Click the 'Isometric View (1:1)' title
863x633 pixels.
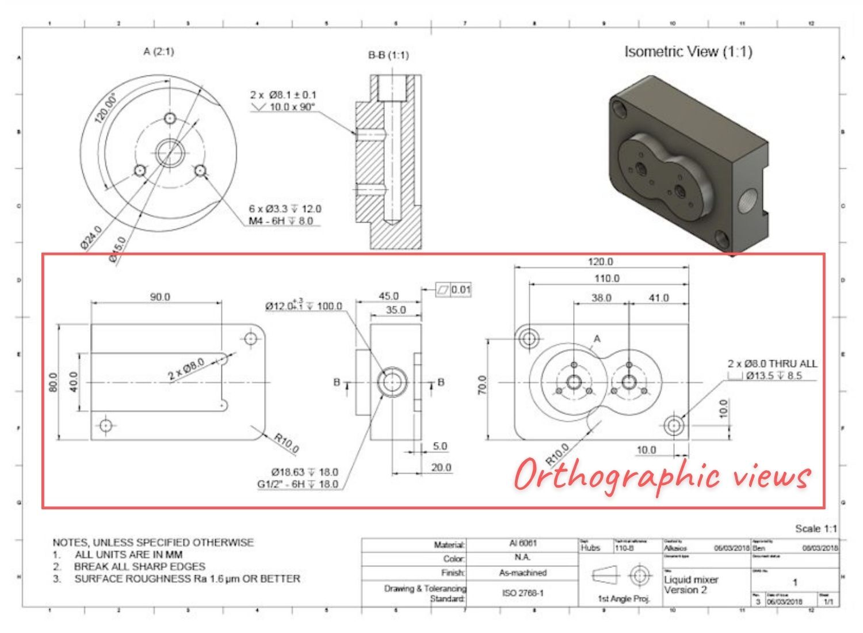pos(688,52)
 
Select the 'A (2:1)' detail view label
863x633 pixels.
pos(158,52)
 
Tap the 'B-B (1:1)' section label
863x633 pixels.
pos(388,55)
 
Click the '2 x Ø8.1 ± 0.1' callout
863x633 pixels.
pos(283,95)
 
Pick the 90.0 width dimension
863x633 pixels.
pos(160,297)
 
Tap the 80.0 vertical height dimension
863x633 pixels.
pos(53,382)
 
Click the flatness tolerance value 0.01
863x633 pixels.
pos(460,289)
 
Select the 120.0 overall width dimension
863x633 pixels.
pos(600,262)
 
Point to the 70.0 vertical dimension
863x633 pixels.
pos(482,385)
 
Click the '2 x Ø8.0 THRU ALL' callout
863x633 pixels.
pos(772,364)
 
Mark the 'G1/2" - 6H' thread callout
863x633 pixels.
pos(297,484)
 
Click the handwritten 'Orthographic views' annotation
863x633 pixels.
pos(662,475)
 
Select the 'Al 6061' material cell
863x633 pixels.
pos(522,544)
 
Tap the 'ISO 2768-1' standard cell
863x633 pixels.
pos(522,593)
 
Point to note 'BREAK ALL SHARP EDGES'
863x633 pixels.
pos(140,566)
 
